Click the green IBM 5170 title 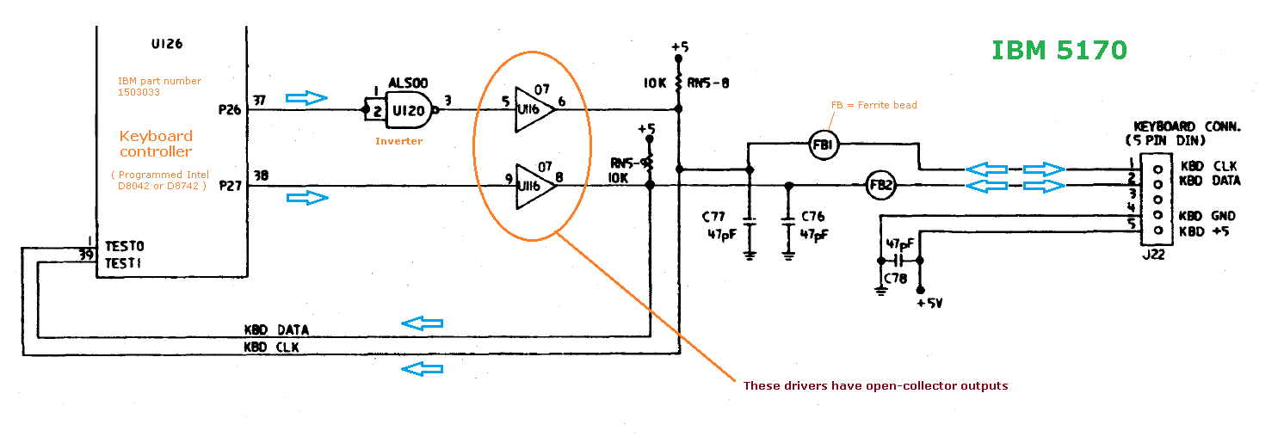1059,51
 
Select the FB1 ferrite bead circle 823,146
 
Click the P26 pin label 231,110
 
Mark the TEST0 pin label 123,246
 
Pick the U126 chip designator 166,43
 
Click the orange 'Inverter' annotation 398,140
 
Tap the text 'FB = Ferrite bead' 873,105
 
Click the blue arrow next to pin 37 307,97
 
